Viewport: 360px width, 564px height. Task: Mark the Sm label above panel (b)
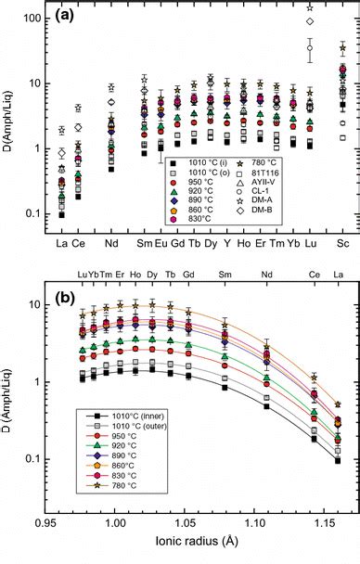pos(225,275)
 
